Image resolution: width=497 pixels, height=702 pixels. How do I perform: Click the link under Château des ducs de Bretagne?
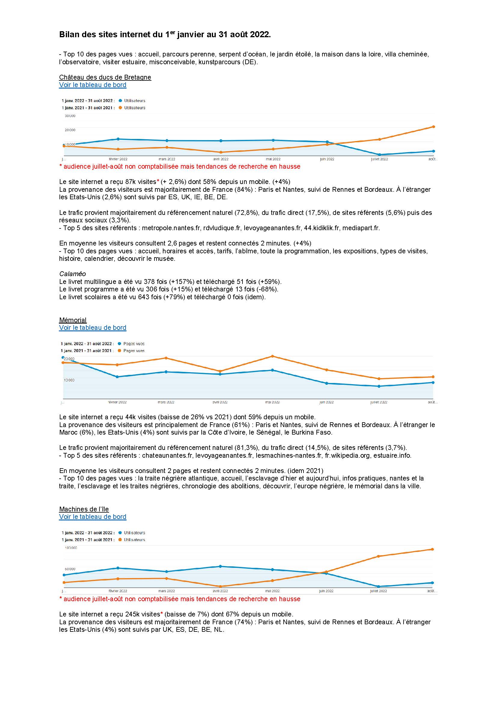coord(93,85)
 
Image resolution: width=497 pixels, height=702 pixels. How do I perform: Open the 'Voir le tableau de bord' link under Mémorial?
coord(93,328)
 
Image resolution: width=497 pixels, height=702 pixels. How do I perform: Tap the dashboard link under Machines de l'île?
coord(93,517)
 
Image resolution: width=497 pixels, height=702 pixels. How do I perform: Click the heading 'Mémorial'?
coord(73,320)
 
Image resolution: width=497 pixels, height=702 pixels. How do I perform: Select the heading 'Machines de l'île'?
coord(84,509)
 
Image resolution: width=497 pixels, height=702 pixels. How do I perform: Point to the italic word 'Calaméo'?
coord(72,274)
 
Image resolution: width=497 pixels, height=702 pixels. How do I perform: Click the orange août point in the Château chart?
coord(434,127)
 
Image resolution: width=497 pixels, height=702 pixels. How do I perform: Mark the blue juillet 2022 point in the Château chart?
coord(380,155)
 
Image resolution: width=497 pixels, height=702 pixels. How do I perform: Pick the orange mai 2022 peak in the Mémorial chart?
coord(272,356)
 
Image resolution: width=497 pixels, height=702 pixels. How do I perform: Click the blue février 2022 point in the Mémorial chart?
coord(117,377)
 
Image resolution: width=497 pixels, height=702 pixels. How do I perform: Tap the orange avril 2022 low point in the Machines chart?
coord(220,586)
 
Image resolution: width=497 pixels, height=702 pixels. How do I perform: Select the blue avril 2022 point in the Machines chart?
coord(220,566)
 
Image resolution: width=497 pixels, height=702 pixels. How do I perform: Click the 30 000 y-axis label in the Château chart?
coord(70,116)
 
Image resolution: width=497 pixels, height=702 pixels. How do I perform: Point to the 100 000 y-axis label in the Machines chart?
coord(71,548)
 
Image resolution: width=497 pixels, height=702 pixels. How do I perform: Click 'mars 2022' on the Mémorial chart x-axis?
coord(166,402)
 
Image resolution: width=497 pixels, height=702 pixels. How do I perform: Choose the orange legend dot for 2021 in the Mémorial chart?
coord(119,351)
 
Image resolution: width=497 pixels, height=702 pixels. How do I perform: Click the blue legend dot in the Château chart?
coord(120,101)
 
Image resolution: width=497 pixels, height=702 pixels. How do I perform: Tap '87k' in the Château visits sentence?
coord(131,182)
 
